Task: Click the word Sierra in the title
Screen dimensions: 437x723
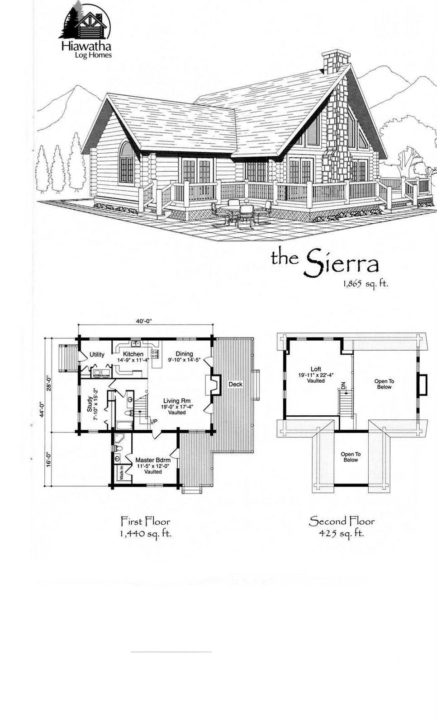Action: pos(342,263)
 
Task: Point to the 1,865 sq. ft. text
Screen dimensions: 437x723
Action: pos(366,284)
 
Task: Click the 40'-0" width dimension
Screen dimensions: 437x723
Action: pos(144,321)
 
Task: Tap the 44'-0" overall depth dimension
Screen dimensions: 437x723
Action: pos(42,418)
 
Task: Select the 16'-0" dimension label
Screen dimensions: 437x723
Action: pos(49,459)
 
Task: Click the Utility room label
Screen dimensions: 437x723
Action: pos(97,354)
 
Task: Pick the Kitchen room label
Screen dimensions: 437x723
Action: pos(133,354)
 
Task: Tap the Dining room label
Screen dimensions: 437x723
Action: pos(184,354)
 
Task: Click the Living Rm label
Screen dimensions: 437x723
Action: pos(177,401)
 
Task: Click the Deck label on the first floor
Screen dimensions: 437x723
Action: pos(235,384)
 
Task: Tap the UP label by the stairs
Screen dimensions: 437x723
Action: pos(153,421)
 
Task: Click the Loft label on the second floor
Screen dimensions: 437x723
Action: pos(316,369)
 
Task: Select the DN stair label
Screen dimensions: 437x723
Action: pos(343,386)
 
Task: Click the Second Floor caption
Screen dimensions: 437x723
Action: pos(342,521)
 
